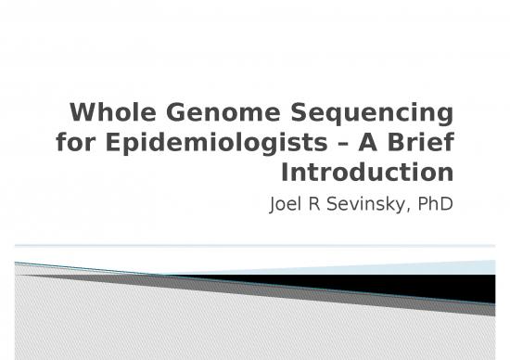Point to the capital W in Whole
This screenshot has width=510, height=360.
click(x=82, y=115)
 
